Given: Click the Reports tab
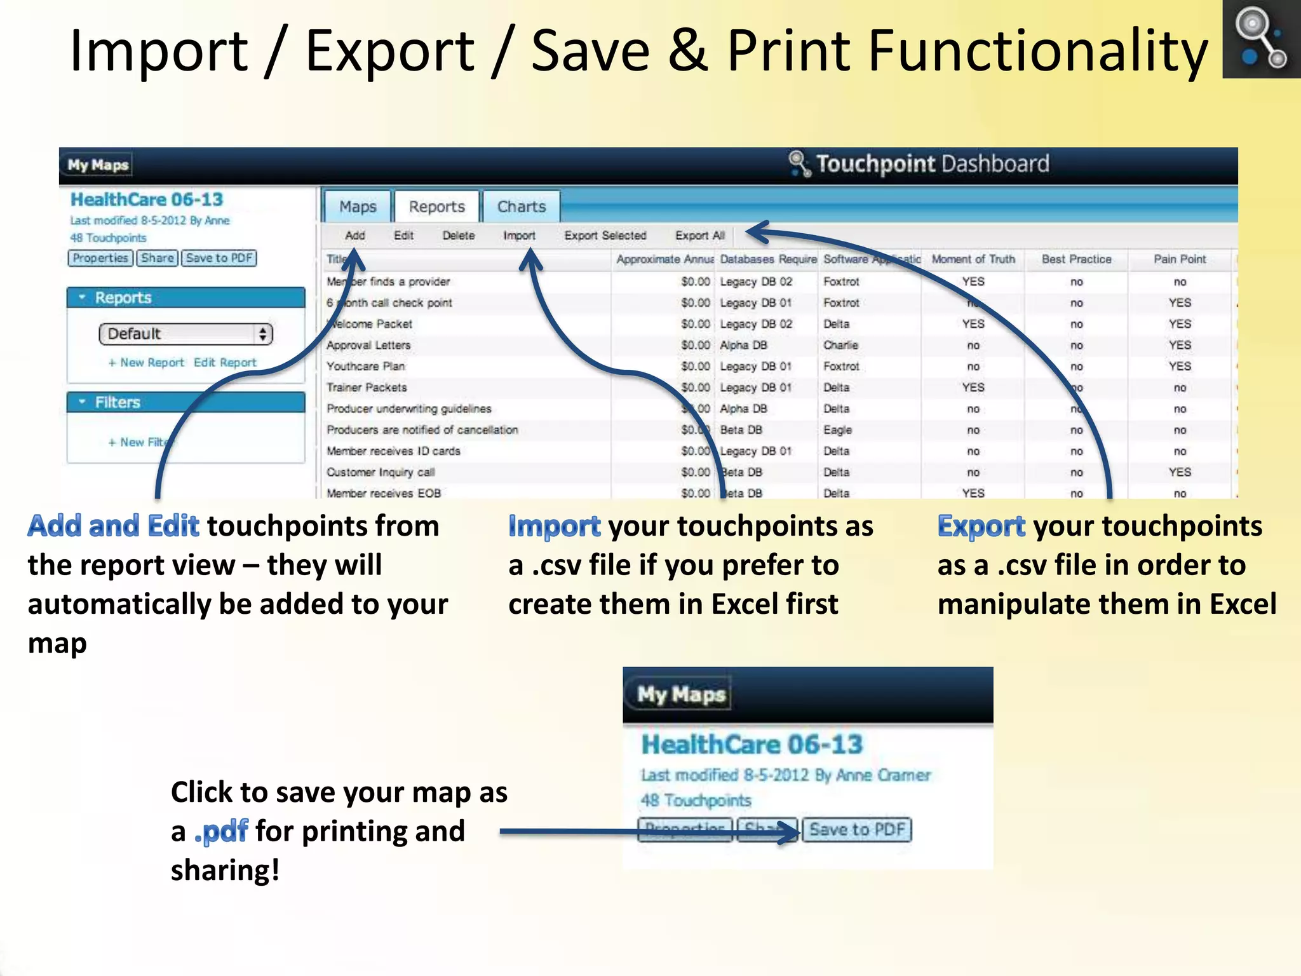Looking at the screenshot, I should tap(436, 207).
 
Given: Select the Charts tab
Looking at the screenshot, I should tap(521, 207).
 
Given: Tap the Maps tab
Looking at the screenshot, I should tap(358, 207).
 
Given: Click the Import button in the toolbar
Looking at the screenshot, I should tap(519, 236).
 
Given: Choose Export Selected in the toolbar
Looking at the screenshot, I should tap(605, 236).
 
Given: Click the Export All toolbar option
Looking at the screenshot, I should tap(699, 236).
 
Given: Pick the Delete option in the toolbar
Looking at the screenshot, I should tap(458, 236).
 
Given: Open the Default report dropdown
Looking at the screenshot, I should tap(185, 334).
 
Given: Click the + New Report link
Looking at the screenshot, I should tap(146, 362).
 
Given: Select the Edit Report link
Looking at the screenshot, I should tap(225, 362).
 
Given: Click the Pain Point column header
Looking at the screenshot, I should tap(1179, 259).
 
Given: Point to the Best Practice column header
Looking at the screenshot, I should tap(1076, 259).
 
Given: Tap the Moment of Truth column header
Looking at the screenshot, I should tap(973, 259).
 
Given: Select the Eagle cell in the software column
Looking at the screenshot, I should tap(837, 430).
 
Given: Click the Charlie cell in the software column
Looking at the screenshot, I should tap(840, 345).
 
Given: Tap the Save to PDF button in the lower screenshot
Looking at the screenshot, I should tap(856, 830).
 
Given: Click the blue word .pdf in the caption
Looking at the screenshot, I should tap(221, 831).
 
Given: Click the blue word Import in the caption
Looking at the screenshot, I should tap(554, 526).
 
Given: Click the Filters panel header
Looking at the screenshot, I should tap(185, 402).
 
